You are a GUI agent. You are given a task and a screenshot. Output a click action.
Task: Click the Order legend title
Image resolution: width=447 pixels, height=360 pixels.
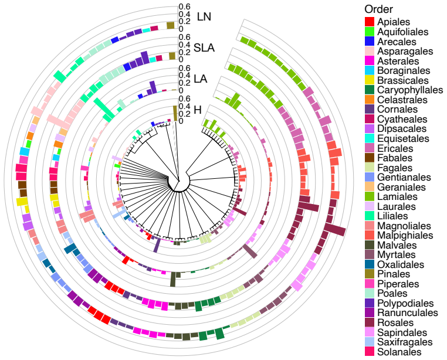tap(378, 9)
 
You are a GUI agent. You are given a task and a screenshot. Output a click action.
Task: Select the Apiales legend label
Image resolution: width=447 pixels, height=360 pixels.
tap(394, 22)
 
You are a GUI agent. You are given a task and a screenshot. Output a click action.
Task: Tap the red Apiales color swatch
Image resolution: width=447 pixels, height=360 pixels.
tap(370, 22)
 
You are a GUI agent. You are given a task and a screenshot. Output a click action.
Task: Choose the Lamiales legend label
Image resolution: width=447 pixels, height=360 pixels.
tap(397, 196)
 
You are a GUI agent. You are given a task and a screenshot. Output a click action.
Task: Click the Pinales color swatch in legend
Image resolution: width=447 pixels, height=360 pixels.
tap(370, 274)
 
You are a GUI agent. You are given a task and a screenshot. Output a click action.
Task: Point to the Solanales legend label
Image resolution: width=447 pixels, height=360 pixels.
tap(399, 352)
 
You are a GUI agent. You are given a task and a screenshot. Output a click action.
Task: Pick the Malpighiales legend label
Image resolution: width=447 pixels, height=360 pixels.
tap(405, 236)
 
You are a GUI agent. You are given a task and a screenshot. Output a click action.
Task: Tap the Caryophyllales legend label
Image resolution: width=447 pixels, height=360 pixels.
tap(410, 90)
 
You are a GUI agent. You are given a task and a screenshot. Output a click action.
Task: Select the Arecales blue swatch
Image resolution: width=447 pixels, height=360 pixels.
tap(370, 41)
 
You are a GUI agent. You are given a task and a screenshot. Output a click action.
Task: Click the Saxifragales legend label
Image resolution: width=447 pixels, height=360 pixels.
tap(405, 342)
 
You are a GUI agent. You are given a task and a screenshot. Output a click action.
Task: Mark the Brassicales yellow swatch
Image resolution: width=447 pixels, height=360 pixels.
tap(370, 80)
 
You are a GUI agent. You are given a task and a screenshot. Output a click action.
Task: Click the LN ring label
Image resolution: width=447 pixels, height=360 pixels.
tap(204, 17)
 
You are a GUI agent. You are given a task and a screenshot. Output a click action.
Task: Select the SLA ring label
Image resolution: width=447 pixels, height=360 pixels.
tap(204, 47)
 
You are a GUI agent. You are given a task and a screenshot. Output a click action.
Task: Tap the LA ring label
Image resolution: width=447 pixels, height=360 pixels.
tap(201, 79)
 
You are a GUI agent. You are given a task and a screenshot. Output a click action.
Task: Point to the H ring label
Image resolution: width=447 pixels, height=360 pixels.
tap(198, 110)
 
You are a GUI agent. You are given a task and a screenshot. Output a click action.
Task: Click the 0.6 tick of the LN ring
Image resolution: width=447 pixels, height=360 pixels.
tap(184, 7)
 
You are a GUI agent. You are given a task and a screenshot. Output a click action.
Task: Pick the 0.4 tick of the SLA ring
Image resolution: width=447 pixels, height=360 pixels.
tap(184, 45)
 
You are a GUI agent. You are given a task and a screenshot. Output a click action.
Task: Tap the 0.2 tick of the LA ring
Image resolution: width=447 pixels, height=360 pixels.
tap(184, 83)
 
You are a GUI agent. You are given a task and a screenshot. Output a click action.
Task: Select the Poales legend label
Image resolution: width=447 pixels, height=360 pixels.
tap(392, 294)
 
